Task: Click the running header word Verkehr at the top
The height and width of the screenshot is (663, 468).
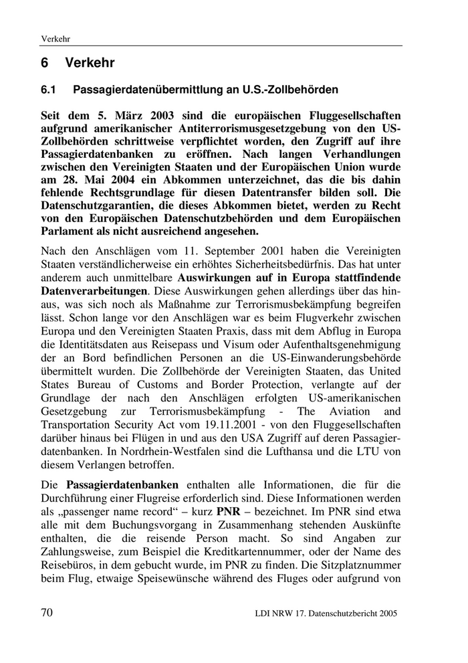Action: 57,38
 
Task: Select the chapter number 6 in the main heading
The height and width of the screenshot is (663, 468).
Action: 45,64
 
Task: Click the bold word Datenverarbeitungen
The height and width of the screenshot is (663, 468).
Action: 94,292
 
